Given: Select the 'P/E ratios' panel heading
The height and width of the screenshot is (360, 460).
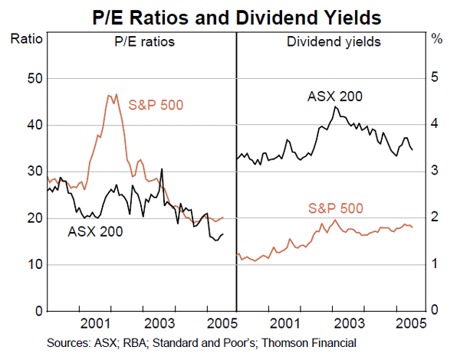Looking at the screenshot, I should coord(140,41).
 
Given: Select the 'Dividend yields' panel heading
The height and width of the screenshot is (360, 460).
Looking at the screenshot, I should coord(331,41).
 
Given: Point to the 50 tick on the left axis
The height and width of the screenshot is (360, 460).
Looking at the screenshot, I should coord(31,78).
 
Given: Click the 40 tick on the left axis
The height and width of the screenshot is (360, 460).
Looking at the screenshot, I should coord(31,125).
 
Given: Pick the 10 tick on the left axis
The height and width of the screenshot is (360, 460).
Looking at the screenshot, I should coord(31,265).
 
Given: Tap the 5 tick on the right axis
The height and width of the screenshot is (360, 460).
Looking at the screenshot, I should coord(434,78).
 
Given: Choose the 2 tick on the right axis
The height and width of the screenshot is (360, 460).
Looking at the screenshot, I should coord(434,218).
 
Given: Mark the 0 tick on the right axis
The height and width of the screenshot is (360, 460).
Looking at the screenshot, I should coord(434,312).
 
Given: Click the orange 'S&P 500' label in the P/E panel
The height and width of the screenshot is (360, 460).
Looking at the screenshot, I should coord(156,105).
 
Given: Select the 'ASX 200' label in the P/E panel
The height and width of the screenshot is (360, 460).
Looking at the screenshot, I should coord(95,230).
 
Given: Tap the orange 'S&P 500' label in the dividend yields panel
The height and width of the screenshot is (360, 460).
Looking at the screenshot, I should coord(335,208).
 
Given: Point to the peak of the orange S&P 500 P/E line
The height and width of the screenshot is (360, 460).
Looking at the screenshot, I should coord(110,94).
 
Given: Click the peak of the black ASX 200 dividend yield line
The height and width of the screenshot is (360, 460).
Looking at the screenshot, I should coord(334,106).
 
